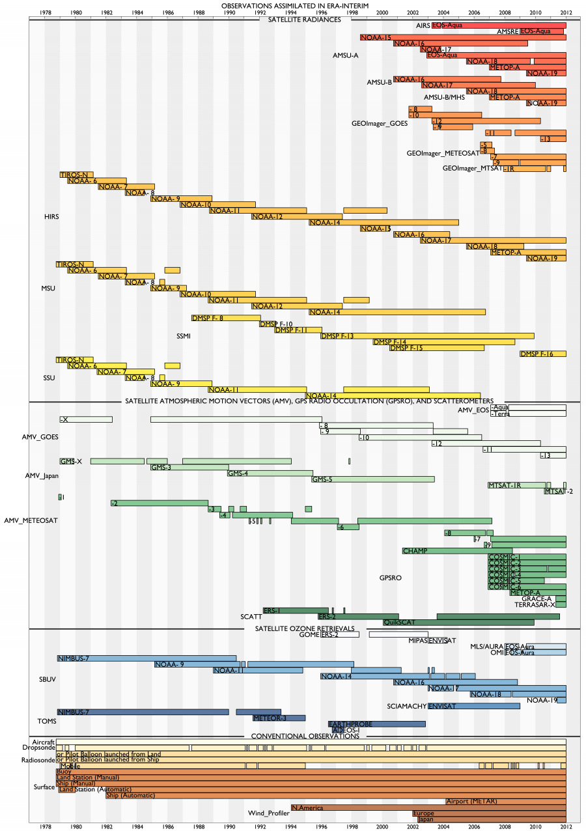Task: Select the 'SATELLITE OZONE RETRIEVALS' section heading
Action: point(300,628)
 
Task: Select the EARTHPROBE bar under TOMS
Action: point(377,724)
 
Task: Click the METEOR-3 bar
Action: point(279,718)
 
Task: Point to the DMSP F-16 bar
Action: point(542,354)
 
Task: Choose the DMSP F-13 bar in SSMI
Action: point(427,336)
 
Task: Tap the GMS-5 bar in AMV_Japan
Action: point(372,479)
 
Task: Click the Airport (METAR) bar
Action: point(505,801)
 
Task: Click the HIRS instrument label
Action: point(51,216)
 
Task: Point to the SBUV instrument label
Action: point(48,679)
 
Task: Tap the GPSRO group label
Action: point(391,578)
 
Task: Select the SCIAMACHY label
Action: point(407,706)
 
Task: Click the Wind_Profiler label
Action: point(268,813)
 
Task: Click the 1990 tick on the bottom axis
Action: point(229,826)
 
